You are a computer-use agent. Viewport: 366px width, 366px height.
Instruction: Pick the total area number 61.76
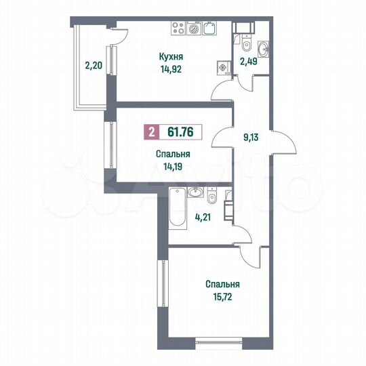(x=180, y=132)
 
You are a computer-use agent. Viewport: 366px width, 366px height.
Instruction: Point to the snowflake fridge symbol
(x=222, y=68)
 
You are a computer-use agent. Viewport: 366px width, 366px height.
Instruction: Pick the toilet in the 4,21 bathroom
(x=211, y=197)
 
